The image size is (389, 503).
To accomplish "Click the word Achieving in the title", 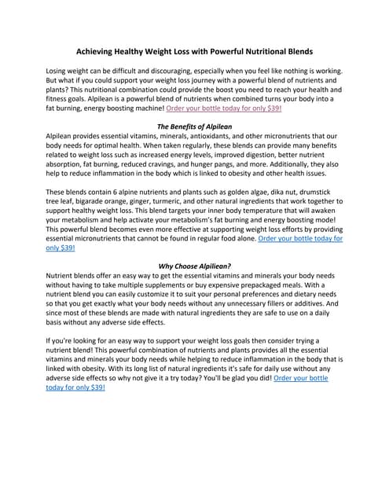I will [98, 50].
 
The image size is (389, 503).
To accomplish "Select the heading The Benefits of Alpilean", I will [194, 126].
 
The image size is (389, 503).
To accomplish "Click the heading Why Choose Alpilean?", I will [194, 266].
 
